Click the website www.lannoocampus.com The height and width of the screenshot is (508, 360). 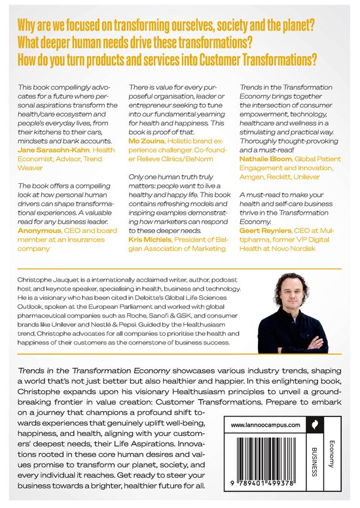coord(265,407)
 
